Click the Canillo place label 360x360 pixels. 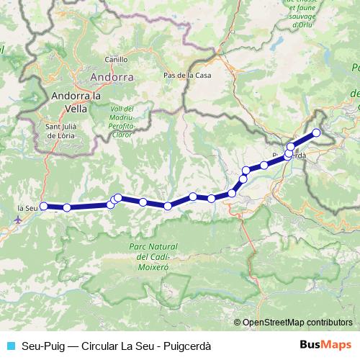[x=115, y=60]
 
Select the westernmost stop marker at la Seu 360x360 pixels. [x=43, y=206]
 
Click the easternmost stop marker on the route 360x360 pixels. [x=315, y=132]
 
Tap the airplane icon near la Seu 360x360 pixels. [x=19, y=219]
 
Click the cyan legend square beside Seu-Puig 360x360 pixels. [x=11, y=346]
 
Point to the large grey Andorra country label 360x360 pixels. [x=111, y=76]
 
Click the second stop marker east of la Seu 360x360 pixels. [x=110, y=204]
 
